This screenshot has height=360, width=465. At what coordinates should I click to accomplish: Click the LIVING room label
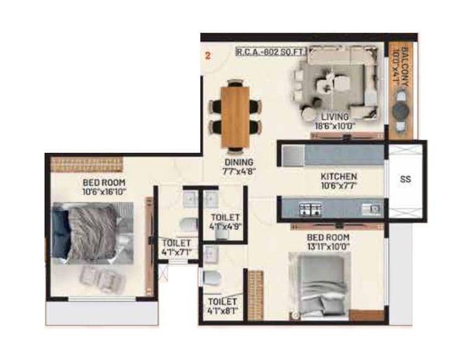point(335,116)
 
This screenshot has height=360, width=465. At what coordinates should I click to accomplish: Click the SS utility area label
point(406,179)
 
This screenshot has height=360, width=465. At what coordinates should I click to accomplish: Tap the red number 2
point(208,56)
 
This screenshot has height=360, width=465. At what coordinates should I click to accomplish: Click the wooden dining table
point(235,116)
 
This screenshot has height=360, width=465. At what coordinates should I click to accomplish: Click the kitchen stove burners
point(310,209)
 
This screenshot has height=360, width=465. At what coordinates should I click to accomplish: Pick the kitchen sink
point(372,209)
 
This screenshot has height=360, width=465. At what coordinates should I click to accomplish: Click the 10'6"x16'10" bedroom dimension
point(104,191)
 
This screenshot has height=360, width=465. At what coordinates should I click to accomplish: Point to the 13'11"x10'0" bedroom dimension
point(328,247)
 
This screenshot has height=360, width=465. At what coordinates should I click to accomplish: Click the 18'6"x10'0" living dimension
point(335,126)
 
